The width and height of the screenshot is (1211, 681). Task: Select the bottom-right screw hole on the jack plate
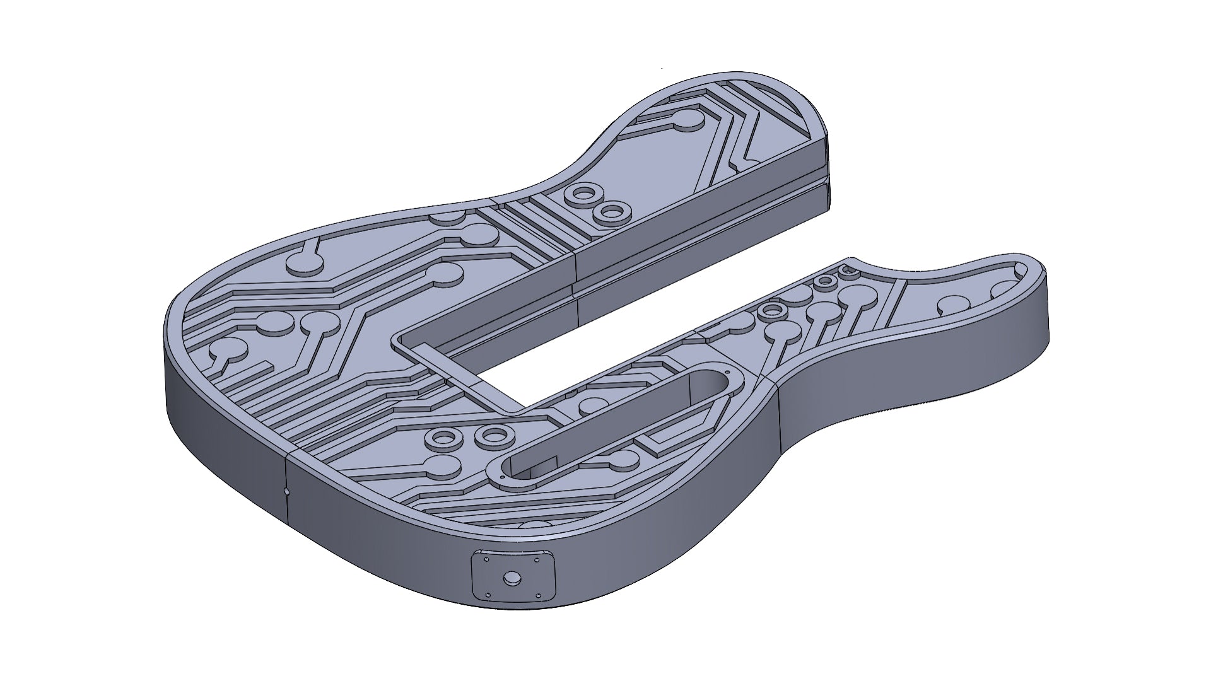539,596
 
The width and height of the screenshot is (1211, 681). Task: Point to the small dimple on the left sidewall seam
286,490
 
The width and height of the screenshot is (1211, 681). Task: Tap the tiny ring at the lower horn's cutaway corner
848,270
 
